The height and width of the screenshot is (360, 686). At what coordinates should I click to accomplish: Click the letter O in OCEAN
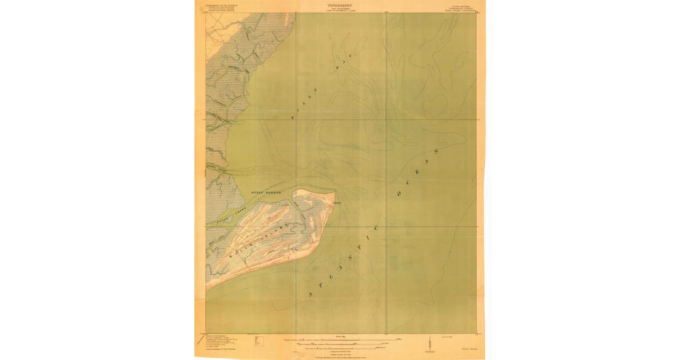[400, 194]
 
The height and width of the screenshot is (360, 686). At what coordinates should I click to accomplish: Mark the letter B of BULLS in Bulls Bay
[294, 117]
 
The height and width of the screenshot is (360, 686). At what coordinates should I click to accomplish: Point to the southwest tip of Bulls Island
[208, 289]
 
